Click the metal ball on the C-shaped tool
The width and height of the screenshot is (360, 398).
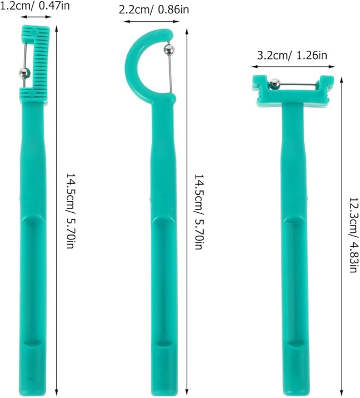click(168, 50)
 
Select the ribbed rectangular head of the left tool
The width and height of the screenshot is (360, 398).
click(41, 58)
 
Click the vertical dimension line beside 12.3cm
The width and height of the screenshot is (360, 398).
click(340, 233)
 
